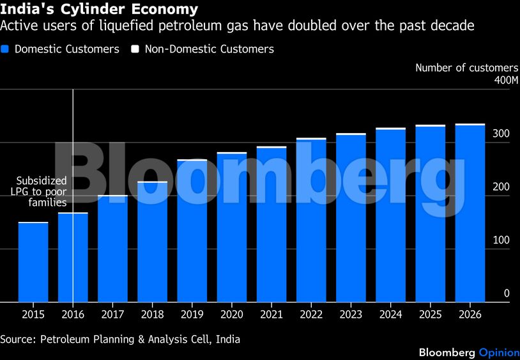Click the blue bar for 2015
[33, 262]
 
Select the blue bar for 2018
[152, 242]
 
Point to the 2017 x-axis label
[112, 315]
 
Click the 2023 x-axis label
[351, 315]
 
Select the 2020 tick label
[231, 315]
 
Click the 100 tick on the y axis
[501, 240]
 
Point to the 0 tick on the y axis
[507, 293]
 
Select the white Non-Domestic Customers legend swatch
[135, 49]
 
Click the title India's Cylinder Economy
[99, 10]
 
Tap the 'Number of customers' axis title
[467, 68]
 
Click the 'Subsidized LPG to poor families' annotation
[42, 191]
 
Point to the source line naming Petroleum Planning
[120, 339]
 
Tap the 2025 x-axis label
[430, 315]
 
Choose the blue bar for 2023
[351, 218]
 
